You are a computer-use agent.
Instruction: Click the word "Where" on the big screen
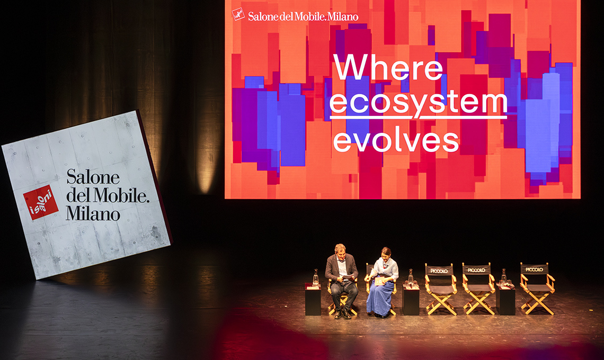[388, 67]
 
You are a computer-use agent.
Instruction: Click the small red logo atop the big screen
[238, 14]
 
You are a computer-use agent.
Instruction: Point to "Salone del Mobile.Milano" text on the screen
[303, 16]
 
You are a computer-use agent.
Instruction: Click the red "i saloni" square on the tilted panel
[40, 202]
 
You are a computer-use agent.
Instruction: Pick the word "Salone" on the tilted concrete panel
[93, 177]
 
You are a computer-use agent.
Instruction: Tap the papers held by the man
[348, 276]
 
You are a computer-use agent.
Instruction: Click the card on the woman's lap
[379, 282]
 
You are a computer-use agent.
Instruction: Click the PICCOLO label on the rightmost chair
[534, 269]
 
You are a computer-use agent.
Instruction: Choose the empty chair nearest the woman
[440, 289]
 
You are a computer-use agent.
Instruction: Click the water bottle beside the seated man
[315, 277]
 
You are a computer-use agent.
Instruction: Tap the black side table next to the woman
[411, 300]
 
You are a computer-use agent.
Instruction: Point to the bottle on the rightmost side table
[503, 276]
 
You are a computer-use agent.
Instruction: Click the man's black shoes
[342, 314]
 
